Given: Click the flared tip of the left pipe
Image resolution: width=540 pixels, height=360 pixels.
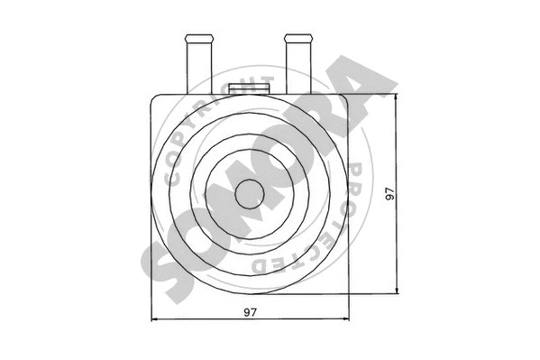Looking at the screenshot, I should [198, 40].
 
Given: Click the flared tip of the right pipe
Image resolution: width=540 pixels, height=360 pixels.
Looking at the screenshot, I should [297, 40].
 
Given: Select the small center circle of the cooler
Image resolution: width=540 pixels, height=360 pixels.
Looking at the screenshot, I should [249, 191].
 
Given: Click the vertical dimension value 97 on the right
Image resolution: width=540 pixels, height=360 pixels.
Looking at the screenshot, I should [389, 193].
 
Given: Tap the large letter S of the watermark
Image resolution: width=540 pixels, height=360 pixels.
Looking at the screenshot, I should [161, 263].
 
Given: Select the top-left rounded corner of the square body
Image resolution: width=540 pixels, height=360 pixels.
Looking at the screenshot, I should [155, 97].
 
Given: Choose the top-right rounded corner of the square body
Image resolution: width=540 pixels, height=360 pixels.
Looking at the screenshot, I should [343, 97].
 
